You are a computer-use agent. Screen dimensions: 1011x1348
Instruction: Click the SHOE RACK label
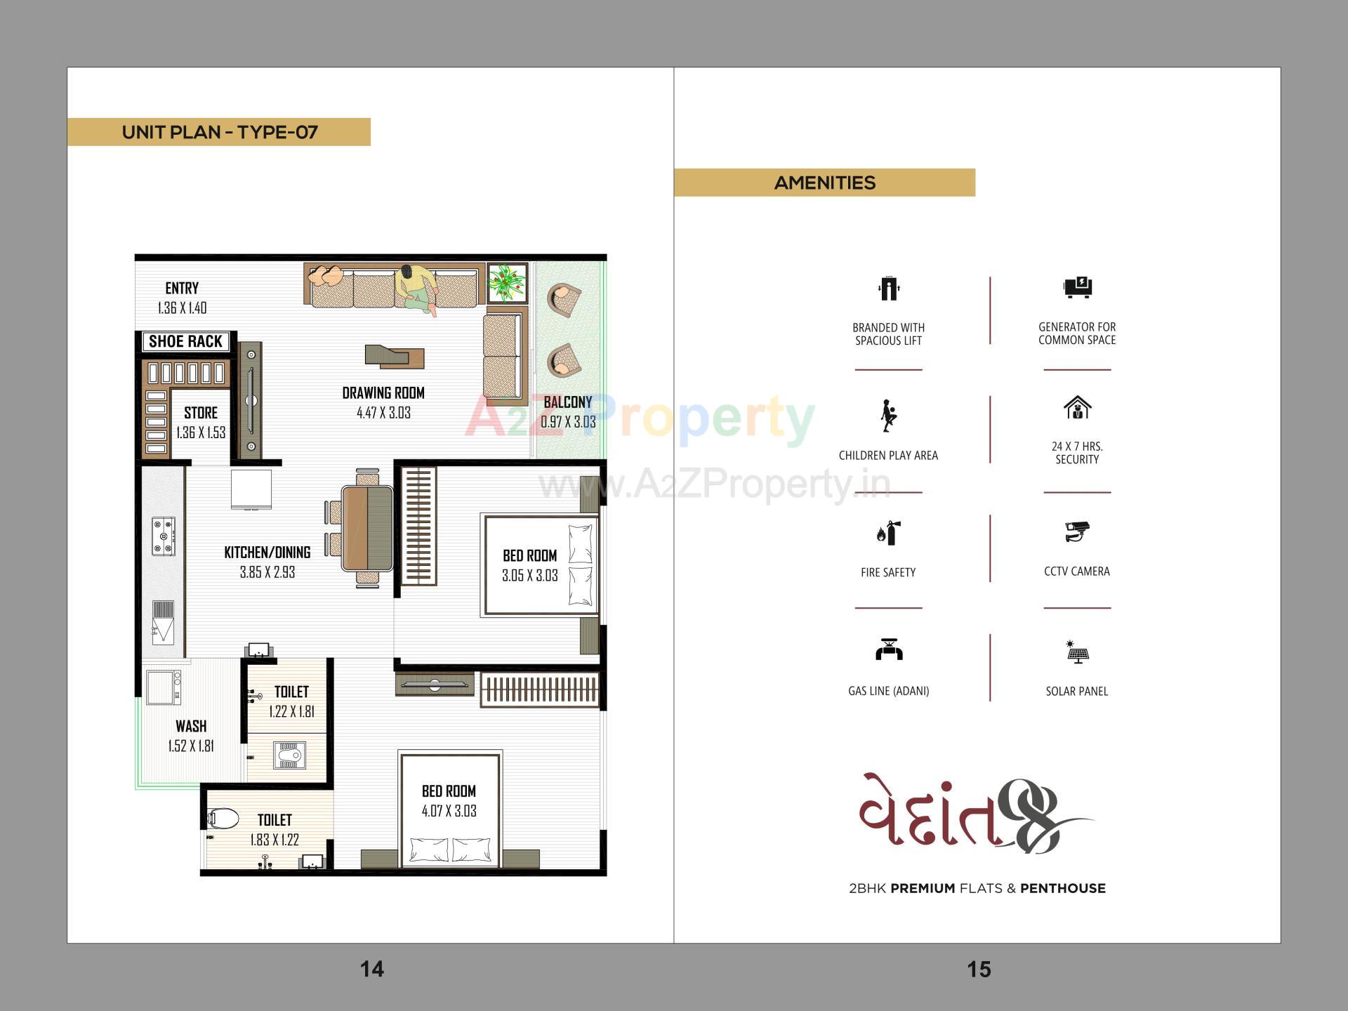coord(185,341)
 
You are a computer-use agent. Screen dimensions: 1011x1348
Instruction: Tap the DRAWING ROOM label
coord(383,393)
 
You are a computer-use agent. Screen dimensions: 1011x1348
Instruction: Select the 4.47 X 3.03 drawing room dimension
coord(383,413)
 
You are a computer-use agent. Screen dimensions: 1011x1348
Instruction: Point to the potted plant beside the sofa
coord(507,282)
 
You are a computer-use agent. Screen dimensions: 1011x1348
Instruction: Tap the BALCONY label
coord(568,402)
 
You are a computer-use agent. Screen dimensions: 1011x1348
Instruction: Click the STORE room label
coord(201,413)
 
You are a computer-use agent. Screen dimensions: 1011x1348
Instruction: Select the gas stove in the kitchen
coord(164,537)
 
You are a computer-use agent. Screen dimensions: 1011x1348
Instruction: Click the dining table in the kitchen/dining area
coord(368,528)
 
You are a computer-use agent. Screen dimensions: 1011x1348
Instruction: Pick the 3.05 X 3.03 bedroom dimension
coord(530,576)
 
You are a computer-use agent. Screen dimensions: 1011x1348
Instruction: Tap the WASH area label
coord(191,726)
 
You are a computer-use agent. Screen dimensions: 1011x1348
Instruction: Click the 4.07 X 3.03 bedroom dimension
coord(449,811)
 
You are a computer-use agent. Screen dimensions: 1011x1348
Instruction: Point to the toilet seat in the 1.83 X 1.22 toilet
coord(223,819)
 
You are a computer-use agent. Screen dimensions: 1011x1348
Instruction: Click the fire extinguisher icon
coord(888,534)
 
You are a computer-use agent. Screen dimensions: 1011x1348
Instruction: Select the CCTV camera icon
coord(1076,531)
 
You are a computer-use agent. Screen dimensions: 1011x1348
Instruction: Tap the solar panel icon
coord(1077,652)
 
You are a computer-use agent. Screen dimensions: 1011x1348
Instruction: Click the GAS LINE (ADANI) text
coord(888,691)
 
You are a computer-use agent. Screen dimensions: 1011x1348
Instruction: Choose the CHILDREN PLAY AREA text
coord(888,455)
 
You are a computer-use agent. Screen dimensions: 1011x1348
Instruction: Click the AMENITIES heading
coord(825,183)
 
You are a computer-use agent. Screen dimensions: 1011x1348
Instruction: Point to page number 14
coord(372,969)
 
